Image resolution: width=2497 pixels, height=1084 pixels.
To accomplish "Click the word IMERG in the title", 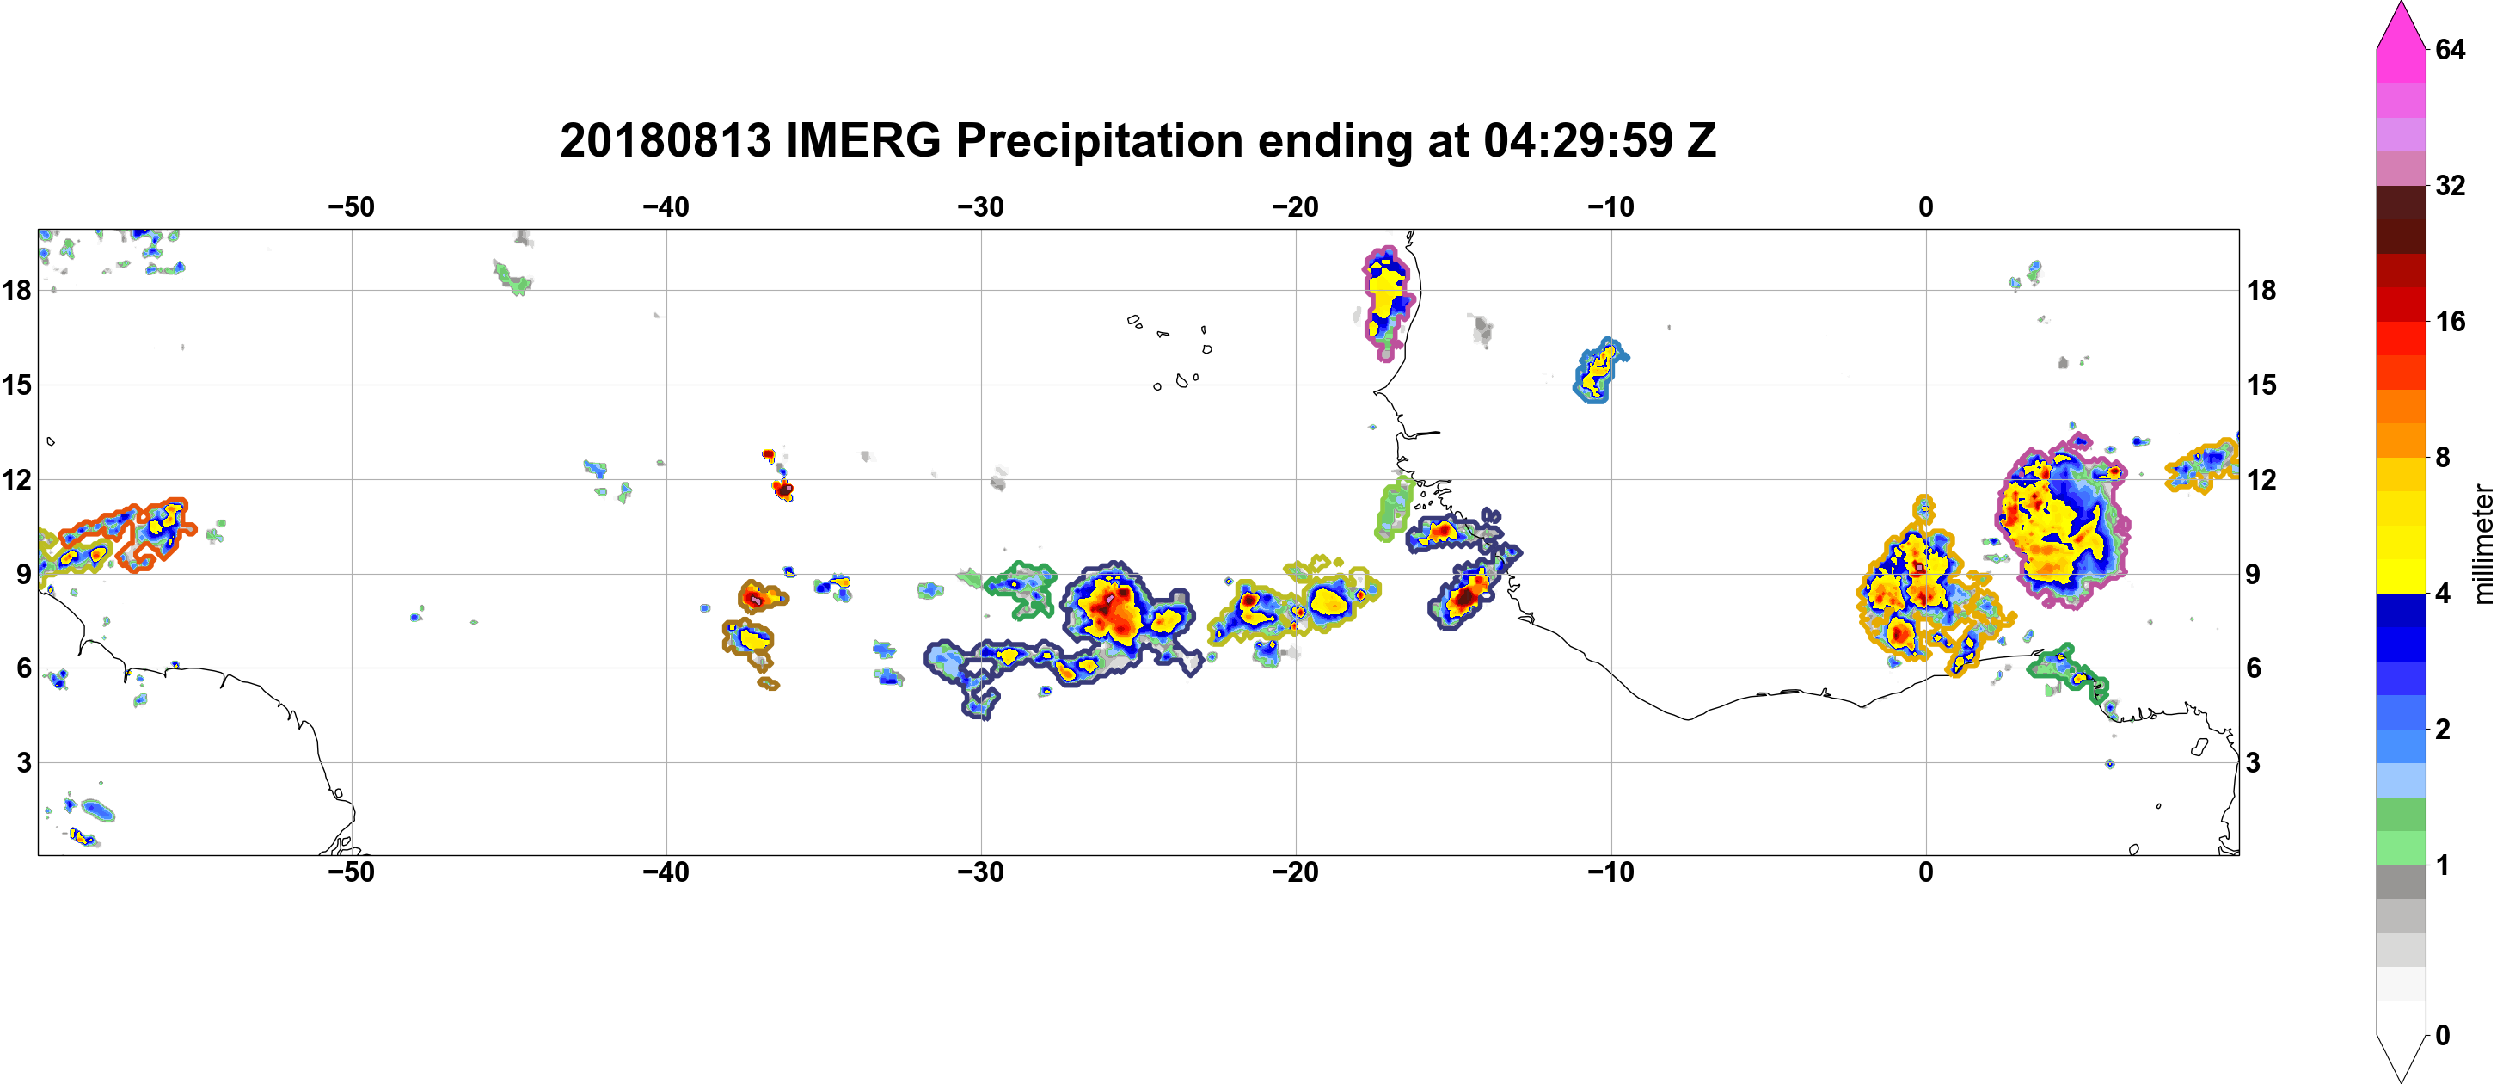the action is [862, 140].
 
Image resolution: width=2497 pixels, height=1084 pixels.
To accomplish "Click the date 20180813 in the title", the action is [665, 140].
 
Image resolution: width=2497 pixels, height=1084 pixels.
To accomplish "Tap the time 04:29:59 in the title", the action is [1578, 140].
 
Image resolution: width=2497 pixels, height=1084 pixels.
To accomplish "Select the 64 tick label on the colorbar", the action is [2451, 49].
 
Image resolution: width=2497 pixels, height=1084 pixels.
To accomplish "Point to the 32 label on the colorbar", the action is [2451, 185].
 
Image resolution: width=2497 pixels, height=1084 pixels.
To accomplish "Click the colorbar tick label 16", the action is [2451, 321].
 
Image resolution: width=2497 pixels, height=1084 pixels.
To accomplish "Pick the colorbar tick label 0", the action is [2443, 1036].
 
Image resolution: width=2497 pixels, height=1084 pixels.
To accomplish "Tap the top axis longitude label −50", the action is [351, 206].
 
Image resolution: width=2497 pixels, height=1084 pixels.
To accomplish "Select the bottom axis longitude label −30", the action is [981, 872].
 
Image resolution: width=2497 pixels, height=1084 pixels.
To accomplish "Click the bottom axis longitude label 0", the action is [1926, 872].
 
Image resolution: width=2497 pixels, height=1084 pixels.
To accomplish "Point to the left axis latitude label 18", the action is [16, 290].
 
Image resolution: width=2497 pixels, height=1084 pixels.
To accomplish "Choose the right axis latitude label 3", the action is [2253, 763].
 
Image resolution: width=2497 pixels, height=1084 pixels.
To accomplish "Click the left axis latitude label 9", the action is [24, 574].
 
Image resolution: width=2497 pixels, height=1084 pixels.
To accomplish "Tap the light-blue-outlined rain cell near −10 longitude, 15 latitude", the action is [1599, 371].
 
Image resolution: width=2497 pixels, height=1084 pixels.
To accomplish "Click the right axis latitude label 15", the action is [2261, 385].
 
